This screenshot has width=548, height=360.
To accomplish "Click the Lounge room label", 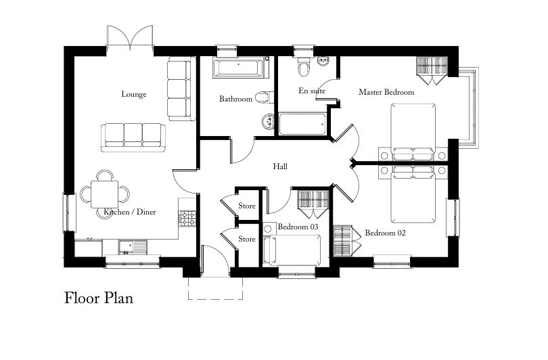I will (x=134, y=94).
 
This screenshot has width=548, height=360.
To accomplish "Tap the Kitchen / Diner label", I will (x=130, y=212).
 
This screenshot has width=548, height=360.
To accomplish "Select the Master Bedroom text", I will (x=386, y=92).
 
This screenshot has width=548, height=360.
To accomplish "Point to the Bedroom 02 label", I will (x=385, y=233).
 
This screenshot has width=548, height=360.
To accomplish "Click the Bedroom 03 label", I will (x=298, y=227).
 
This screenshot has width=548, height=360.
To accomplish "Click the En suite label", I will (x=312, y=91).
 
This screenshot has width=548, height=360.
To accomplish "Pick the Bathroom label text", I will (x=235, y=99).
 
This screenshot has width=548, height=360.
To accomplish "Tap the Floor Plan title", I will (x=99, y=298).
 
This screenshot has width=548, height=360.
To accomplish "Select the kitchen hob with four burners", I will (x=187, y=218).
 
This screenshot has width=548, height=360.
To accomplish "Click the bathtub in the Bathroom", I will (x=239, y=68).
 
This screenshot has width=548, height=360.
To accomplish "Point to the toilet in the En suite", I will (x=302, y=67).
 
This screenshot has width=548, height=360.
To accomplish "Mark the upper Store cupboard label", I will (x=247, y=206).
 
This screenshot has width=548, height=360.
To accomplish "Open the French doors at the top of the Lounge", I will (x=129, y=37).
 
